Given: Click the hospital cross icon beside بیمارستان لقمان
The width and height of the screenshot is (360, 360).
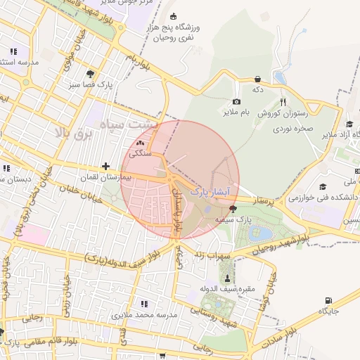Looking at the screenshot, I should coord(105,167).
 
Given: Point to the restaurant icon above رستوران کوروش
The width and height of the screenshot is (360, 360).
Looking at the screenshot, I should coord(283,102).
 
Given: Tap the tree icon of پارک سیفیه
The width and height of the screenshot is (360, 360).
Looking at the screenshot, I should coord(233,209).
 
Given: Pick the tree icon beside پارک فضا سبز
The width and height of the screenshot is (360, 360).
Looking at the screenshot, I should coord(90,73).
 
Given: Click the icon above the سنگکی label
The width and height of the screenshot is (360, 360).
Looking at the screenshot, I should coord(139,142).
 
